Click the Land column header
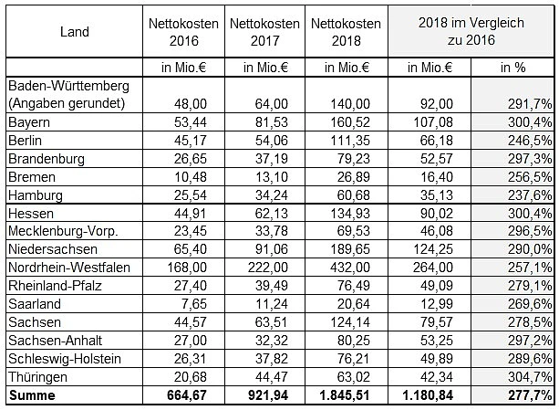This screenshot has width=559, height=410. (74, 32)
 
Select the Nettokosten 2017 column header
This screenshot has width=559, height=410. (264, 32)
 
